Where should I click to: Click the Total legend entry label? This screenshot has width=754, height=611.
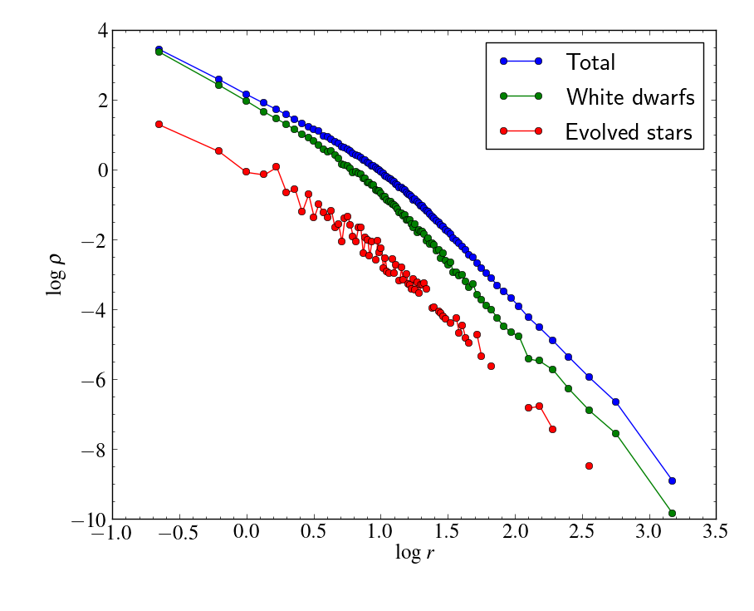[590, 62]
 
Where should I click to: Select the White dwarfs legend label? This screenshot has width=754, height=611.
[630, 96]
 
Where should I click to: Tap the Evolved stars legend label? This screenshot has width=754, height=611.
[629, 131]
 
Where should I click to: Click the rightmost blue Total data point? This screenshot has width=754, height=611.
[672, 480]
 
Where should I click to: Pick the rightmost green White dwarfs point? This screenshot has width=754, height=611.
[672, 513]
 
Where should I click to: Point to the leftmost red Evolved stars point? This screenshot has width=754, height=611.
[159, 124]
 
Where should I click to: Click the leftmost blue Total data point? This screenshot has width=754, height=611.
[159, 49]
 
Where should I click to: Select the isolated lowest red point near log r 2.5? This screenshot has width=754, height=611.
[589, 466]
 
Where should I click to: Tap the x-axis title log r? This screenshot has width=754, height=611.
[414, 553]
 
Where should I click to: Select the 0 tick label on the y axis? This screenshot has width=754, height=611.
[102, 170]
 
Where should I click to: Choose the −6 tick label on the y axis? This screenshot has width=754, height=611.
[95, 381]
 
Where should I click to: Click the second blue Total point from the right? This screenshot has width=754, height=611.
[615, 402]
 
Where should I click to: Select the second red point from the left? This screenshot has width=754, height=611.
[218, 150]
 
